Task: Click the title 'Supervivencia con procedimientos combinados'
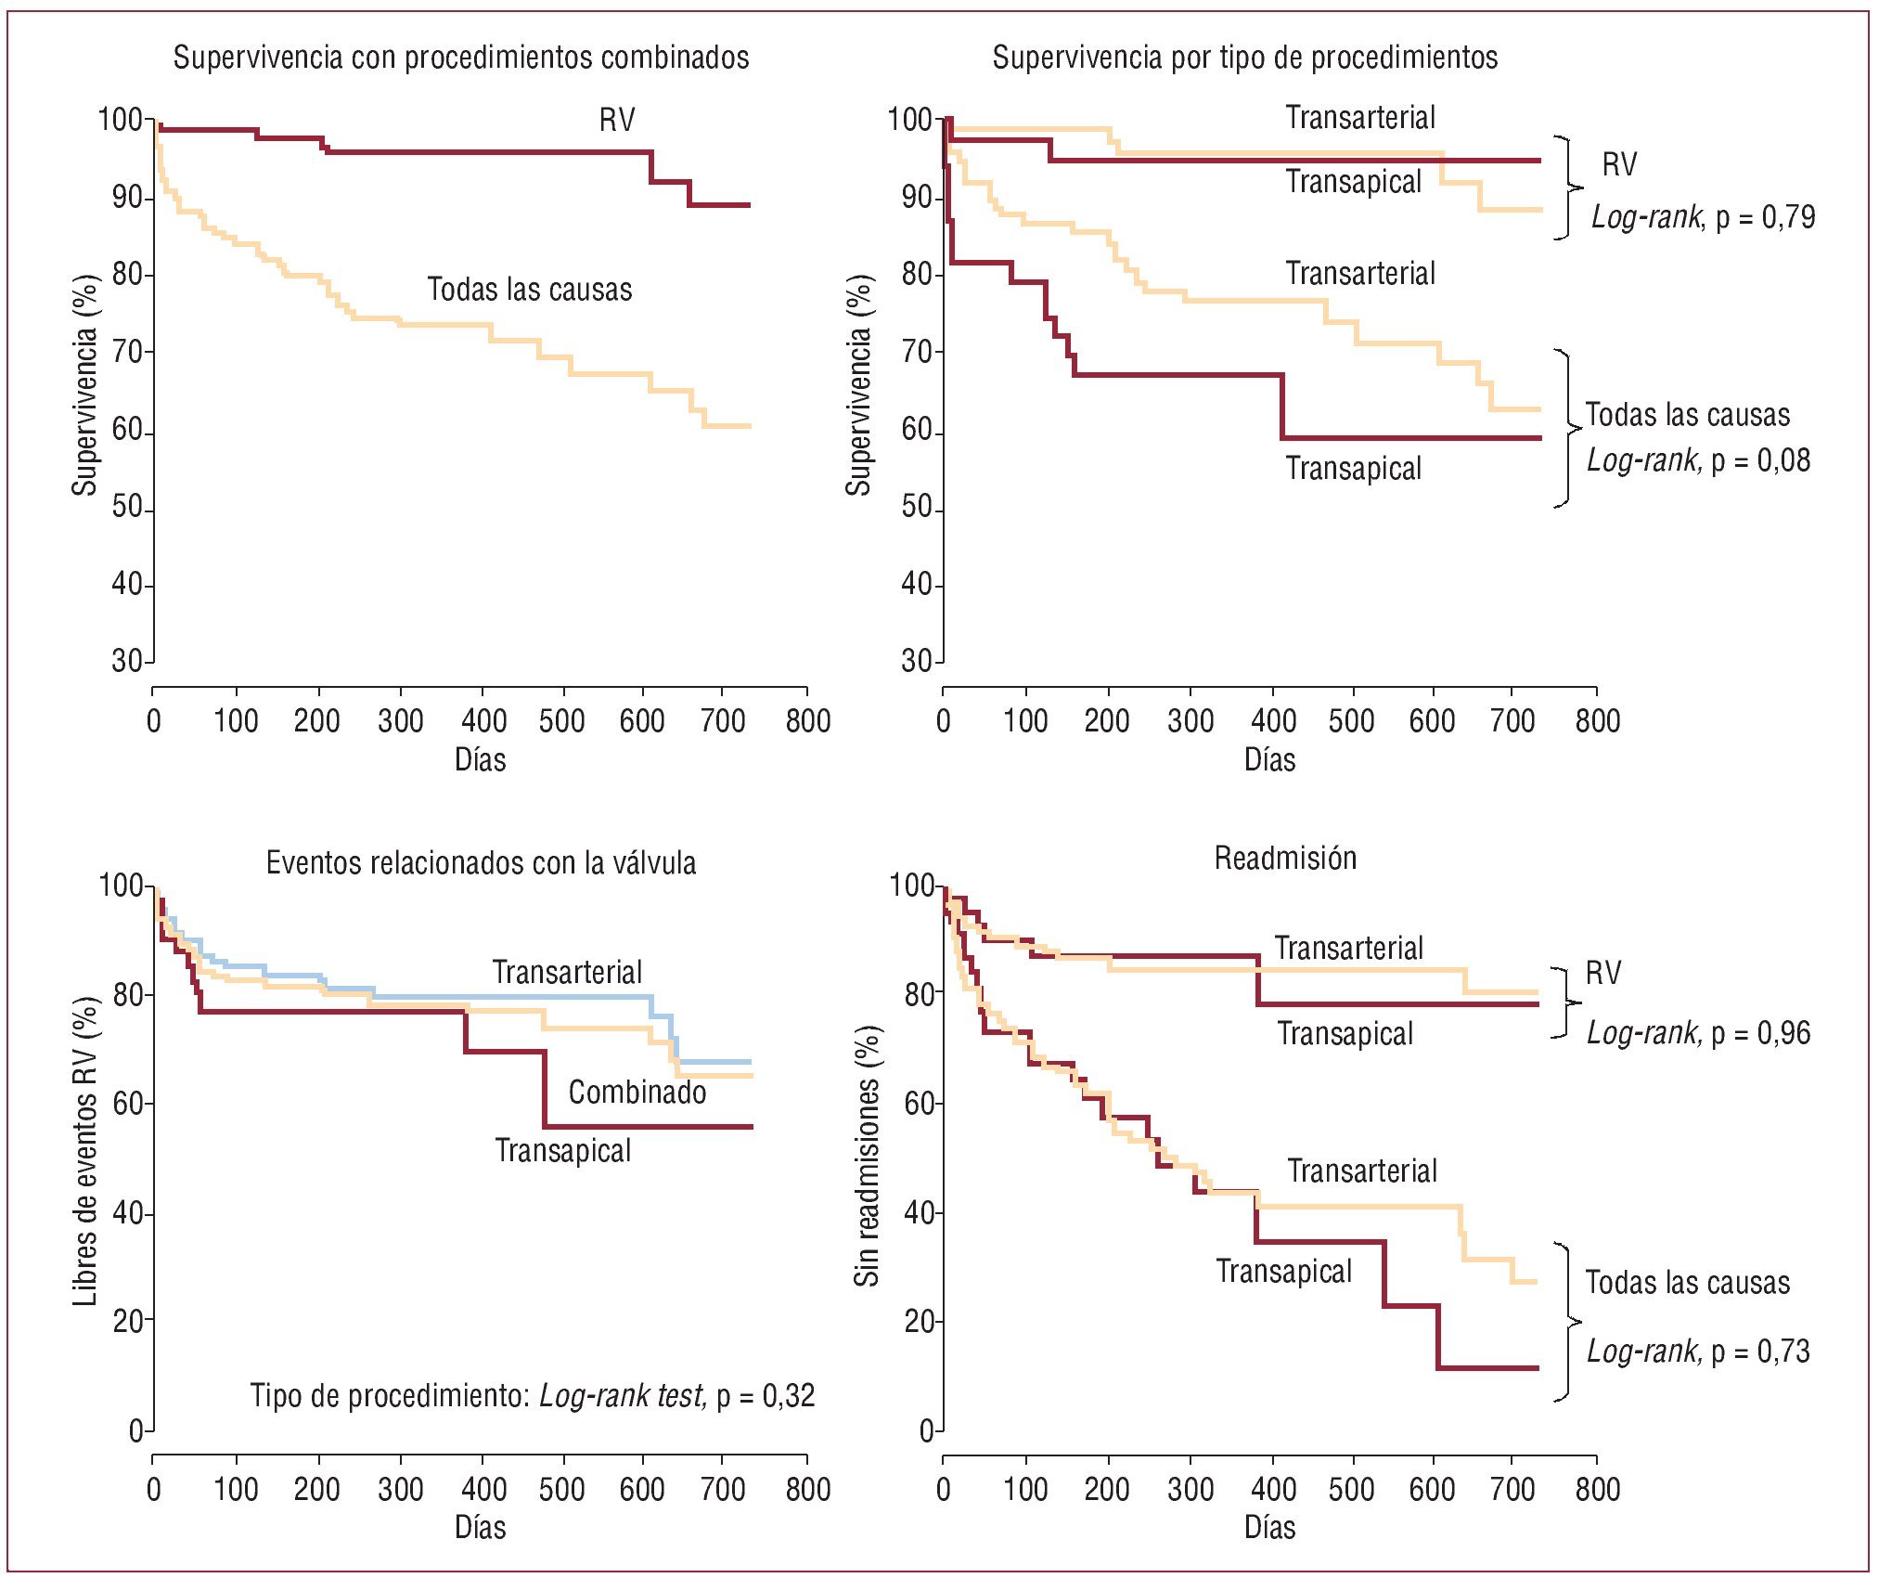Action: coord(461,58)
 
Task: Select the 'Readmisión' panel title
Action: coord(1285,858)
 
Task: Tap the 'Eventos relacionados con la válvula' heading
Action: coord(481,862)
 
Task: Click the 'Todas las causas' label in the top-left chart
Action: coord(529,290)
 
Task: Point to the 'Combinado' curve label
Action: coord(637,1092)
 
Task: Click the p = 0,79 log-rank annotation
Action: coord(1703,217)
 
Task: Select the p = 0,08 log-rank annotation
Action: coord(1698,460)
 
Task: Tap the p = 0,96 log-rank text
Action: coord(1698,1033)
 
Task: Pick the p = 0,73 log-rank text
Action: coord(1698,1352)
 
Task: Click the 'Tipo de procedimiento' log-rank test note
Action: coord(532,1395)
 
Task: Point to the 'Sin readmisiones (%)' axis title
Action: coord(866,1156)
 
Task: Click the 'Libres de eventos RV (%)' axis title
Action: coord(85,1151)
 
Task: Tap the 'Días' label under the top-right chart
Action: coord(1269,760)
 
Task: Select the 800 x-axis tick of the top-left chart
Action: coord(807,721)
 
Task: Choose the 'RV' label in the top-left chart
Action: coord(617,120)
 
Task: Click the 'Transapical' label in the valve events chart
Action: coord(562,1151)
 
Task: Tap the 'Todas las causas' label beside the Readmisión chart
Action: coord(1687,1283)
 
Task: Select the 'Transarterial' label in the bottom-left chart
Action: coord(567,972)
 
